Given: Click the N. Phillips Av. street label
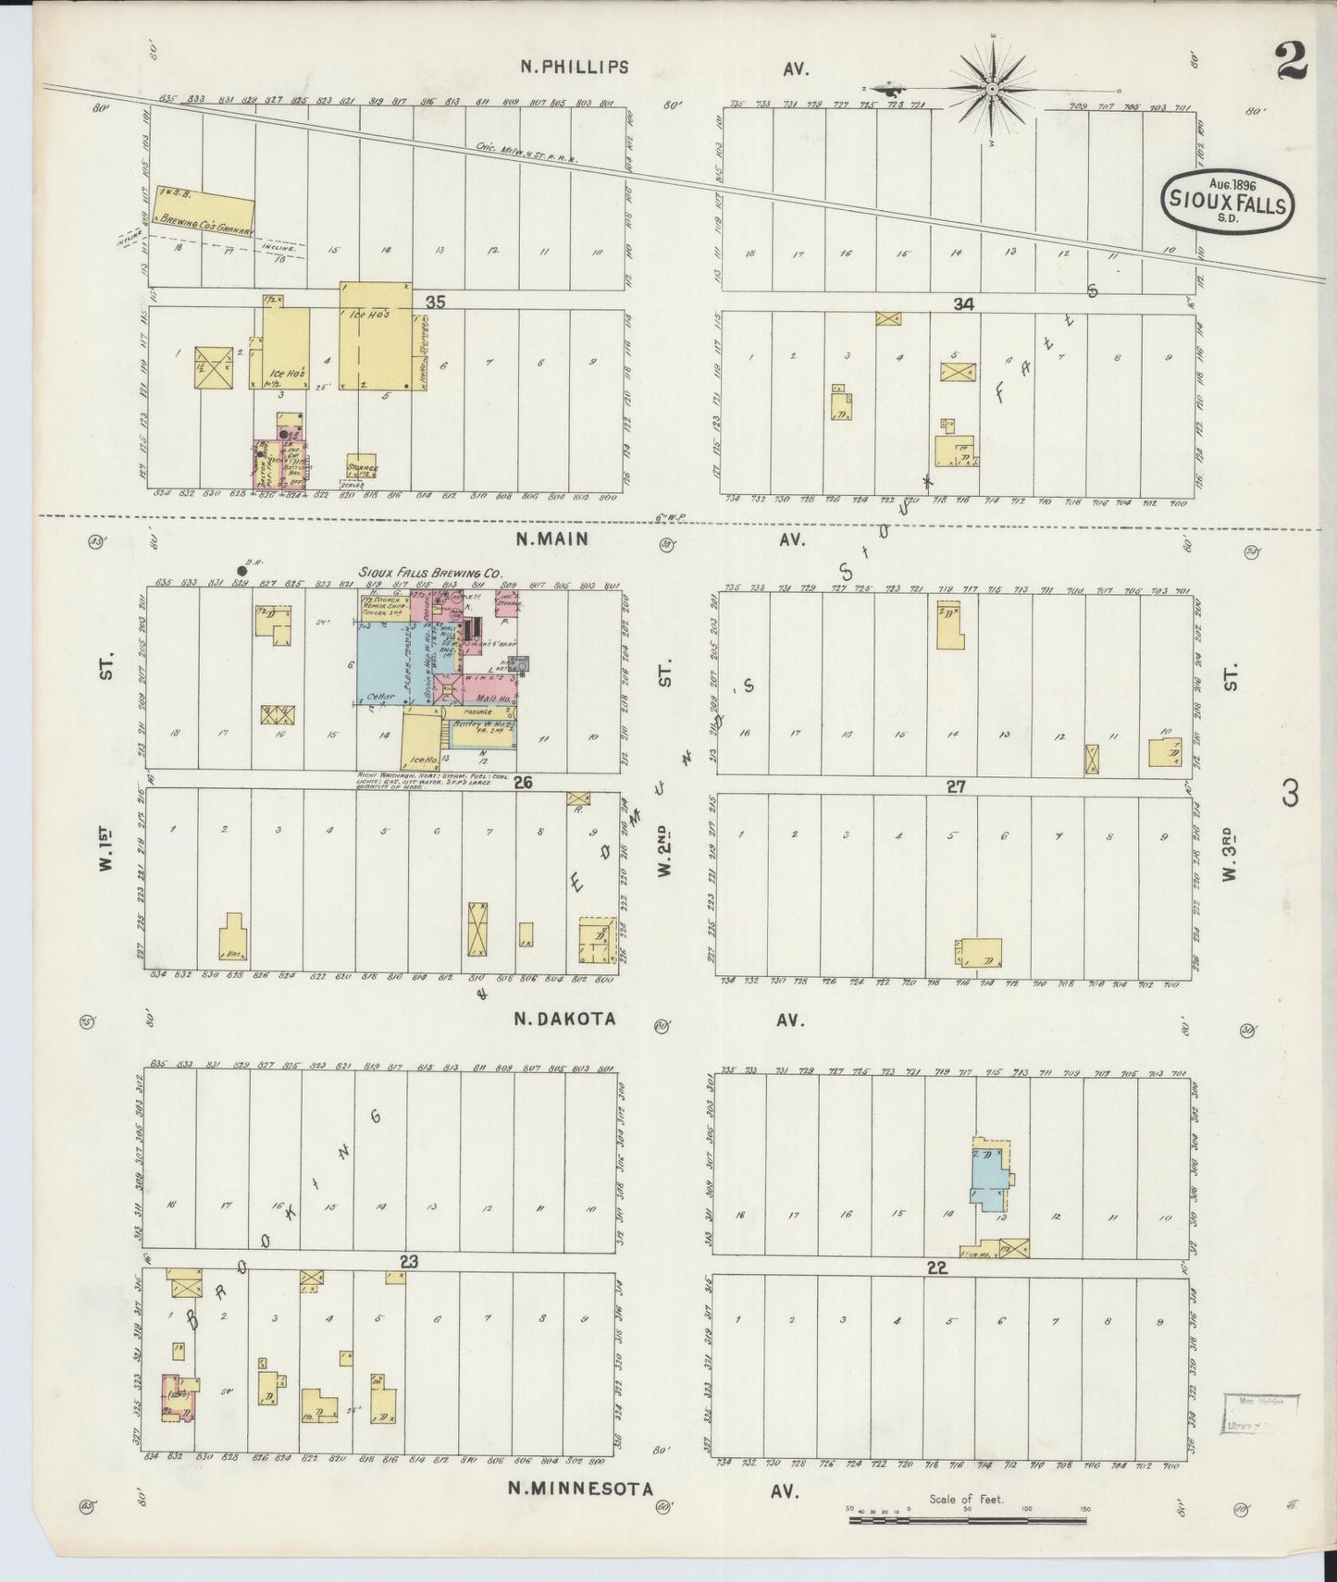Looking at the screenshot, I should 574,67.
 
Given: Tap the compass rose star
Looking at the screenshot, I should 991,89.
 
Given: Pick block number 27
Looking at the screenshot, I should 956,786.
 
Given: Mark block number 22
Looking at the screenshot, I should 937,1267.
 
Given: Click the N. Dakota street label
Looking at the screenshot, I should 564,1019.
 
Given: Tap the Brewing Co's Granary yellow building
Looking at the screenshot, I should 204,211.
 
